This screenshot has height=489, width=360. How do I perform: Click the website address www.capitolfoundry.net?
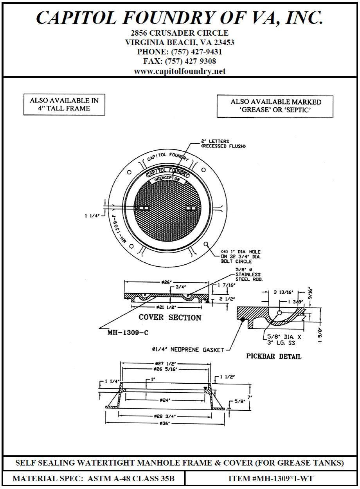[180, 71]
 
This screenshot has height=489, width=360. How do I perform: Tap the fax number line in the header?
[180, 61]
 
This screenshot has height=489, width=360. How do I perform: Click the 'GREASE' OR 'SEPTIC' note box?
[275, 106]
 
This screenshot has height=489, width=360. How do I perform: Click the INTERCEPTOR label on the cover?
[167, 179]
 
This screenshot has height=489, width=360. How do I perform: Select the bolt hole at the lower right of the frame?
[206, 244]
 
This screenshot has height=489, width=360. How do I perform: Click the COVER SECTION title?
[170, 318]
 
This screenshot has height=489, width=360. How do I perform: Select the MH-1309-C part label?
[124, 332]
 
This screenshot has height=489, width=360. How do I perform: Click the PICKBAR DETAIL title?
[274, 357]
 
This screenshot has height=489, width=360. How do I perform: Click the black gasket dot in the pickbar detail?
[243, 319]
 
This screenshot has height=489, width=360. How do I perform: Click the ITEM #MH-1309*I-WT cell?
[270, 478]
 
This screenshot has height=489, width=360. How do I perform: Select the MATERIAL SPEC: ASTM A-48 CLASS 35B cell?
[94, 478]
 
